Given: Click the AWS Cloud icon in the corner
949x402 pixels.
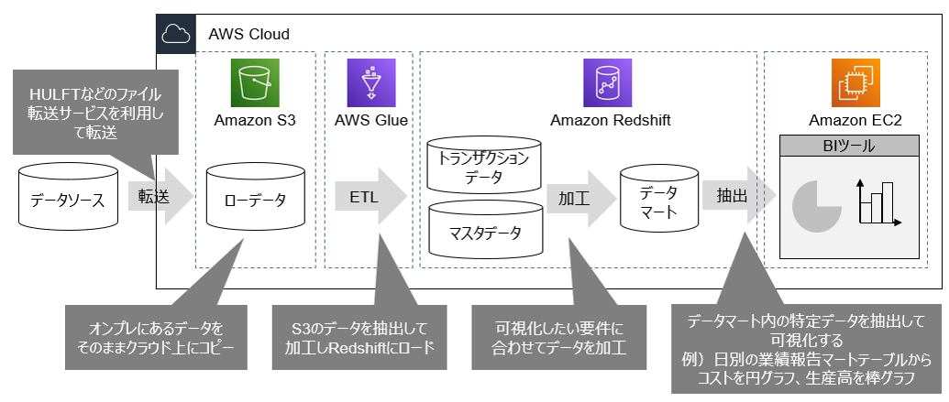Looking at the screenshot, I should tap(174, 34).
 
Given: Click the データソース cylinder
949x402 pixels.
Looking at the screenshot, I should tap(68, 197).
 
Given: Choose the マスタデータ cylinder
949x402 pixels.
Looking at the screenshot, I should tap(483, 231).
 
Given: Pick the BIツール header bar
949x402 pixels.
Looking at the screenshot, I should tap(848, 147).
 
